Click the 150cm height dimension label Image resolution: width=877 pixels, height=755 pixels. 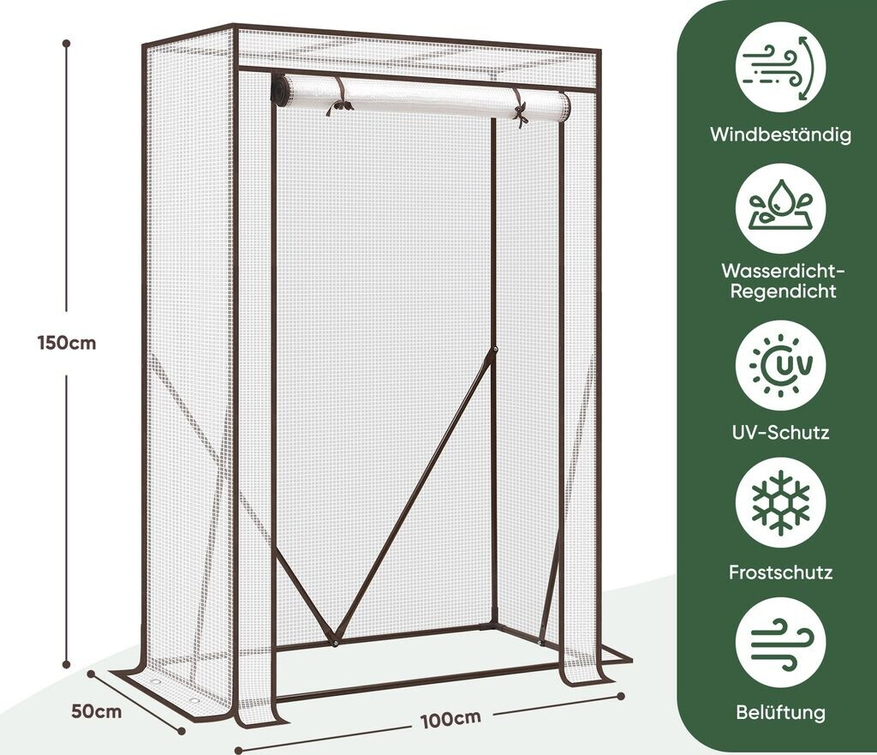pos(67,343)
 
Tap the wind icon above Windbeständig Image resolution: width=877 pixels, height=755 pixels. pos(780,68)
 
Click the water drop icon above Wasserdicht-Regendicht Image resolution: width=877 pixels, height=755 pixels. pos(780,208)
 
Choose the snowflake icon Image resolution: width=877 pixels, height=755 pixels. pos(780,503)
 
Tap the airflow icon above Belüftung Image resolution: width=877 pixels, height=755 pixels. pos(780,642)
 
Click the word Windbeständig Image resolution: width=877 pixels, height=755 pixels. pos(780,135)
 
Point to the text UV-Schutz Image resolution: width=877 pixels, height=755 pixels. pos(780,432)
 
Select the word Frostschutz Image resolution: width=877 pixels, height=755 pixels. pos(780,572)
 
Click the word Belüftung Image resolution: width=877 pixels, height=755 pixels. pos(780,711)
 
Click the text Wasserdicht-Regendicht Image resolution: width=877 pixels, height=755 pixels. pos(780,281)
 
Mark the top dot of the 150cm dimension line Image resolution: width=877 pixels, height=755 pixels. pos(67,41)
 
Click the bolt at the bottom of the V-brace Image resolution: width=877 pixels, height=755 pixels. pos(337,638)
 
